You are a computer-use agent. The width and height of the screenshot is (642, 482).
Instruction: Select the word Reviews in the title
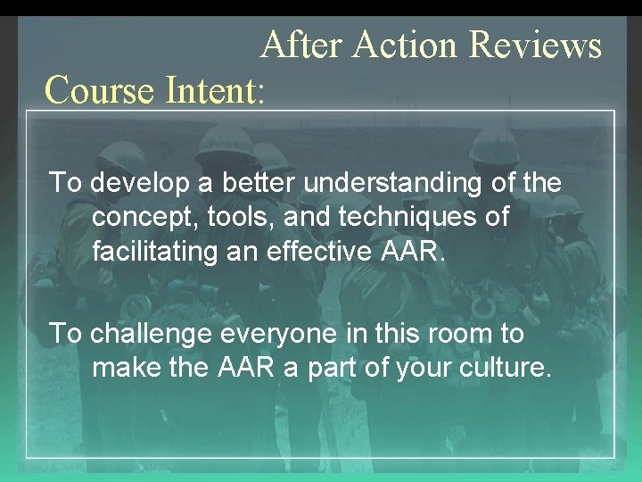click(x=535, y=45)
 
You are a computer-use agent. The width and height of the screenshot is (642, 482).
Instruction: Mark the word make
click(x=122, y=367)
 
